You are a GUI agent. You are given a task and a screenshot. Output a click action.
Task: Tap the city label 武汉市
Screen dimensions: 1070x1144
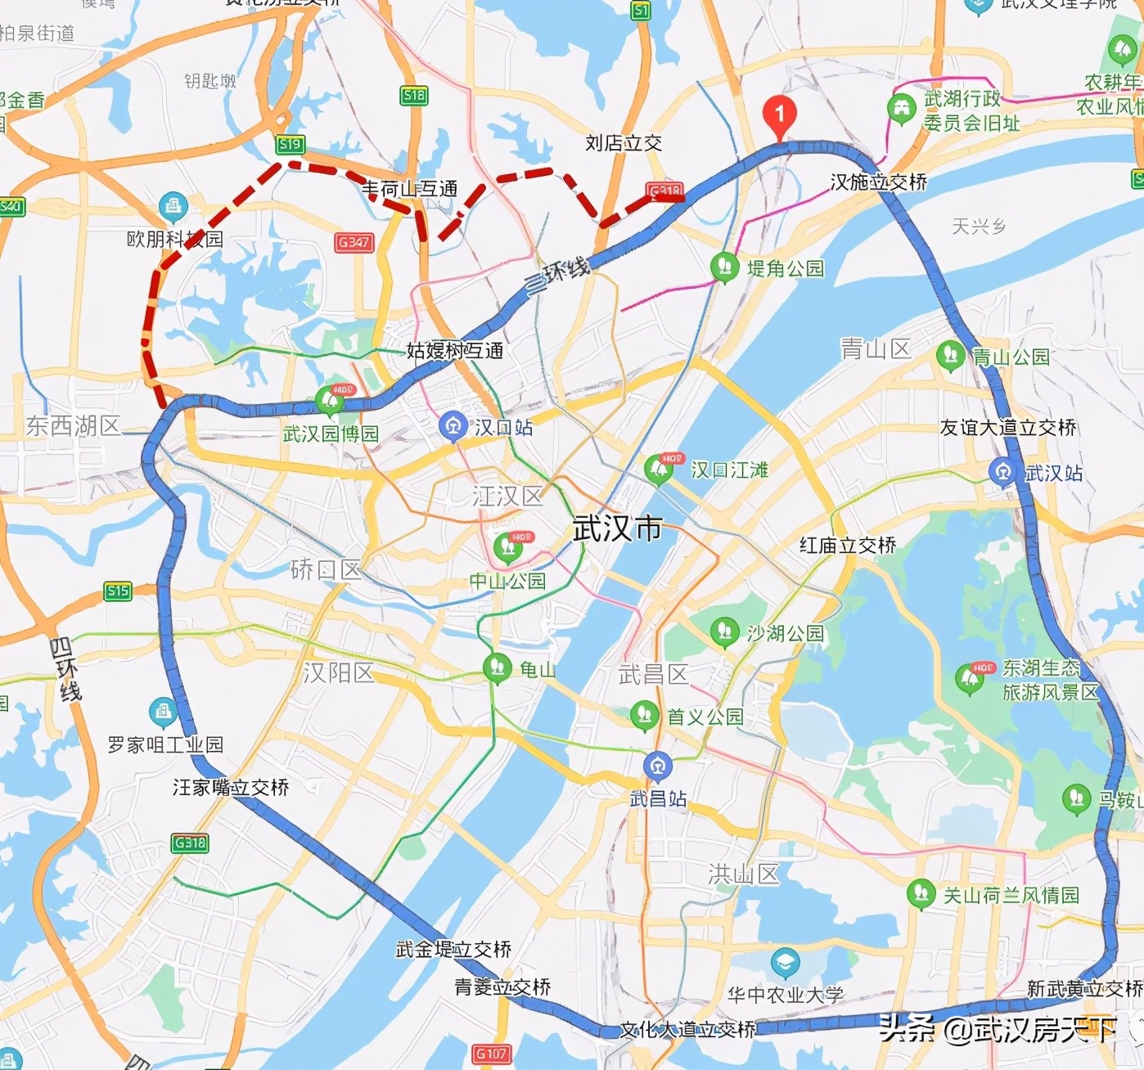pyautogui.click(x=617, y=528)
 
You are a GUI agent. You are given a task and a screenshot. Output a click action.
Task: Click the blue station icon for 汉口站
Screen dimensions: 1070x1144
pyautogui.click(x=453, y=426)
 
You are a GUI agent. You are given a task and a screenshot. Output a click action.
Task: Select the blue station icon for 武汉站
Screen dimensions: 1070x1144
pyautogui.click(x=1002, y=472)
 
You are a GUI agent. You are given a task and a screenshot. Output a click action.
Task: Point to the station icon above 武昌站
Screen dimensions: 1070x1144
pyautogui.click(x=657, y=767)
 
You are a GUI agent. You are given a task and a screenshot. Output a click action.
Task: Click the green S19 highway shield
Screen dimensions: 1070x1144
pyautogui.click(x=290, y=145)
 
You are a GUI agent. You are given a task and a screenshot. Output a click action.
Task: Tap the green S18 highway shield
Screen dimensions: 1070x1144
pyautogui.click(x=414, y=96)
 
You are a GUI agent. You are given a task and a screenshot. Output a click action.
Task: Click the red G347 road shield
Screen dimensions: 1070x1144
pyautogui.click(x=354, y=242)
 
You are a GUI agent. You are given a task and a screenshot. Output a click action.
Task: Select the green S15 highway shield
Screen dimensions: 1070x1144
pyautogui.click(x=118, y=591)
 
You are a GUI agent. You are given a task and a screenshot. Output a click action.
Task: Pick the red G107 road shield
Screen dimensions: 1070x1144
pyautogui.click(x=491, y=1054)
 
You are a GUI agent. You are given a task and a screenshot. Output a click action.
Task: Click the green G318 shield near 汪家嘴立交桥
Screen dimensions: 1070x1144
pyautogui.click(x=190, y=843)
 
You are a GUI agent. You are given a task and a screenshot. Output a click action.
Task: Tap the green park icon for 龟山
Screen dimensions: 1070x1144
pyautogui.click(x=497, y=668)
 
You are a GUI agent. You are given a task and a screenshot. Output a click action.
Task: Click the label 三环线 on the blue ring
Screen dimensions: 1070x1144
pyautogui.click(x=557, y=274)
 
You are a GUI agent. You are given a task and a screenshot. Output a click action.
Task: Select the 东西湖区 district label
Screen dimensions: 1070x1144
pyautogui.click(x=73, y=425)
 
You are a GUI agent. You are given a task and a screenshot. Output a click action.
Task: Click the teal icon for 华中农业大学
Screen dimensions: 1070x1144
pyautogui.click(x=785, y=963)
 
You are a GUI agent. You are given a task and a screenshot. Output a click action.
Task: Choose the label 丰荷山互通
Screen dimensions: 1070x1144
pyautogui.click(x=410, y=189)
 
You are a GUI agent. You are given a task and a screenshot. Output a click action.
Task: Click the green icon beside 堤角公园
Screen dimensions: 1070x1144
pyautogui.click(x=723, y=267)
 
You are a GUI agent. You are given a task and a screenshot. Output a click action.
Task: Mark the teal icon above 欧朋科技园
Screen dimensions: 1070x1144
pyautogui.click(x=173, y=206)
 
